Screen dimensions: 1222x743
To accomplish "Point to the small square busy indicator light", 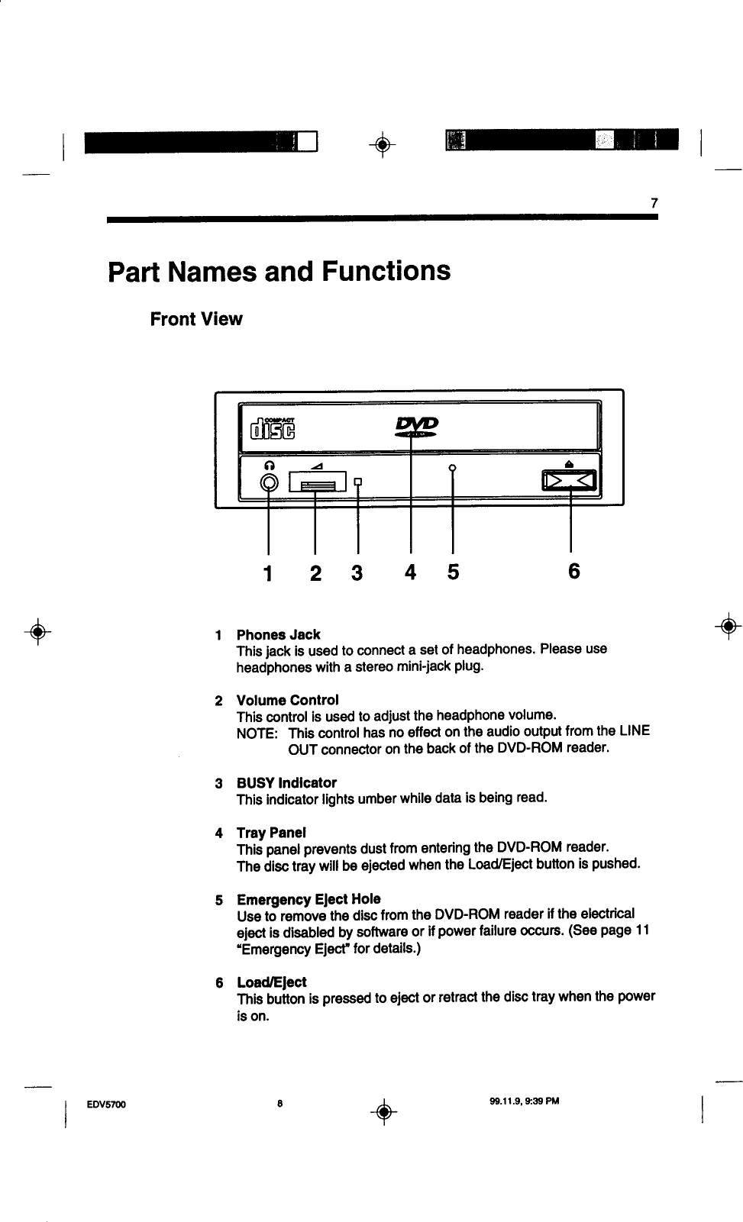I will [357, 482].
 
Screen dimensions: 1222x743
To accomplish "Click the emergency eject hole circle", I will [453, 467].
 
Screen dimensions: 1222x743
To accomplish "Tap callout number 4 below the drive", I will [411, 572].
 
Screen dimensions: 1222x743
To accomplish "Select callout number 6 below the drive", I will [574, 572].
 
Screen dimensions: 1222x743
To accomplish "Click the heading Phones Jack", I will [278, 634].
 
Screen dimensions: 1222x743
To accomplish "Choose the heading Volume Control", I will [287, 700].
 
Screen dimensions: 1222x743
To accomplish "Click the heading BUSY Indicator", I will [286, 782].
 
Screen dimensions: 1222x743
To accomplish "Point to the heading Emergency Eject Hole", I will [309, 898].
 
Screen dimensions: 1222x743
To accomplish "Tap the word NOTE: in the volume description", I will [257, 732].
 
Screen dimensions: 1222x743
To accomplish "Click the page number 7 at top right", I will [654, 204].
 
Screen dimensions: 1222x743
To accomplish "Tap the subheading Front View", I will [196, 319].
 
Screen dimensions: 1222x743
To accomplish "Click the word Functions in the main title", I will [386, 271].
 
